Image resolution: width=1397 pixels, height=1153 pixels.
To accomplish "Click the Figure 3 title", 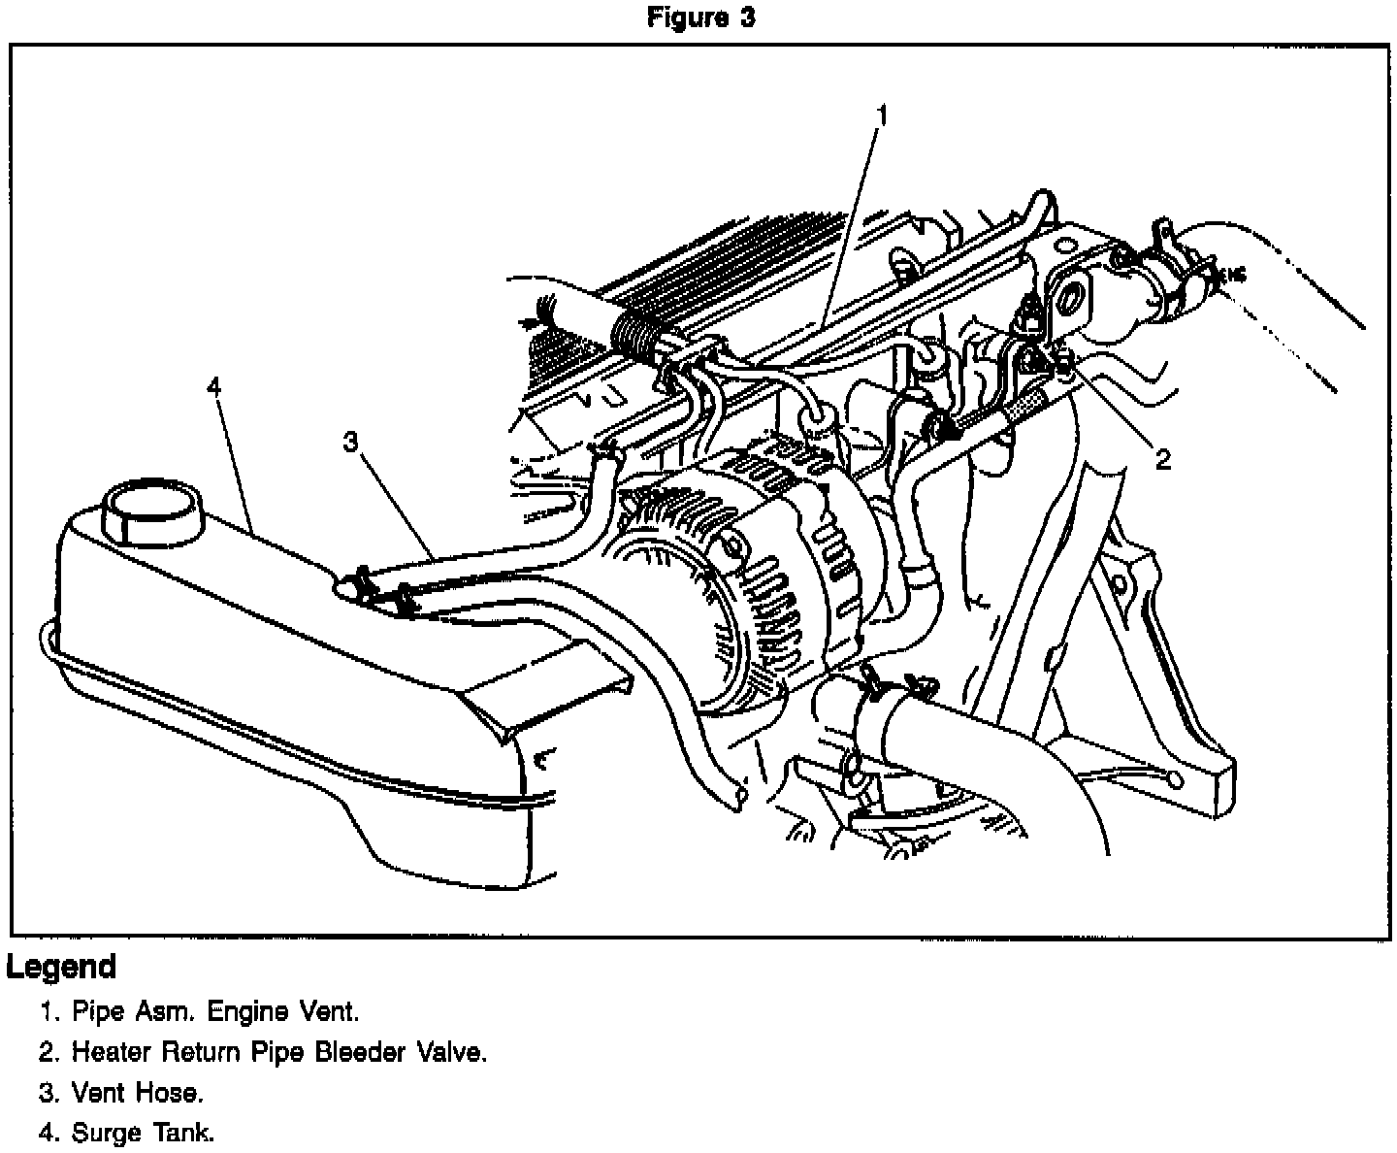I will [700, 18].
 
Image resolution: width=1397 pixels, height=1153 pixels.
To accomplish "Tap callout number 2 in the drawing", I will [1162, 458].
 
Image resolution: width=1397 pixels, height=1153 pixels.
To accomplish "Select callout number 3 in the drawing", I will [350, 443].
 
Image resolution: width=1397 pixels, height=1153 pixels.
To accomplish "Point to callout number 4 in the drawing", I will [213, 387].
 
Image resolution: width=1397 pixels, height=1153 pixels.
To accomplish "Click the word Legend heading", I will [61, 967].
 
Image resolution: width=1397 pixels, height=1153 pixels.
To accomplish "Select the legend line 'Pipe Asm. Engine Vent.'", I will [200, 1012].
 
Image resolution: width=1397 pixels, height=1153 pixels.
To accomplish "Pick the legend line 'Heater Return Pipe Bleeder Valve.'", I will [263, 1052].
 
